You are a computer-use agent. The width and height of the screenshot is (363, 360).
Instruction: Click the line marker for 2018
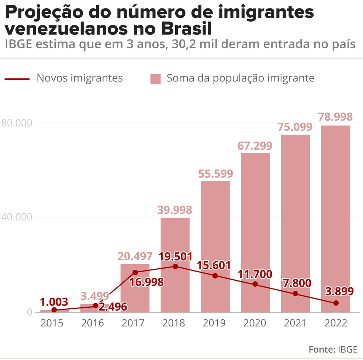point(175,266)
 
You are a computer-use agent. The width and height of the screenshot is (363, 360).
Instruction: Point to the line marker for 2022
point(336,303)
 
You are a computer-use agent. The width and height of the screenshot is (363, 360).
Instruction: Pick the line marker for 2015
point(55,310)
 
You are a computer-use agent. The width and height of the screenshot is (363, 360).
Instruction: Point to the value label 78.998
point(335,117)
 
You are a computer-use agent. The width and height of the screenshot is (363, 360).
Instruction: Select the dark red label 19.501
point(175,256)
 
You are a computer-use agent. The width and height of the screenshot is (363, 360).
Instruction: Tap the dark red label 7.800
point(295,283)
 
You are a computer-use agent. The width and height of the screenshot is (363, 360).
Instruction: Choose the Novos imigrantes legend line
point(17,78)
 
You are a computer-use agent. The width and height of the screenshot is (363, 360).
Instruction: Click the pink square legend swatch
point(155,79)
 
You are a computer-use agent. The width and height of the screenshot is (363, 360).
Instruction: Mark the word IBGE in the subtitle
point(18,44)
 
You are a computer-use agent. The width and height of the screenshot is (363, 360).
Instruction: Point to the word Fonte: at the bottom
point(321,349)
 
